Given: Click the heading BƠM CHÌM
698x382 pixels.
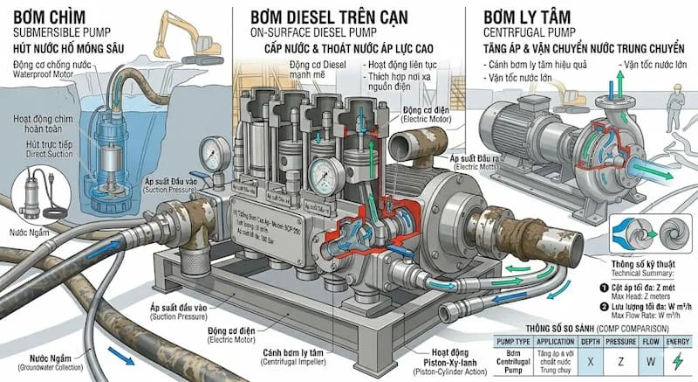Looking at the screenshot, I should pos(53,17).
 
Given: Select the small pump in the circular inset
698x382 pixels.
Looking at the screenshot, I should pos(37,191).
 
